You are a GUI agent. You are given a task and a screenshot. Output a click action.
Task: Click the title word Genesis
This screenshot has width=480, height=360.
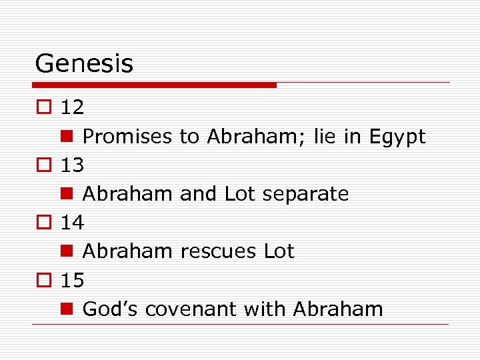point(84,64)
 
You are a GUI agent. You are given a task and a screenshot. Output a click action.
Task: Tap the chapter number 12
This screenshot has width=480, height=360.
point(72,107)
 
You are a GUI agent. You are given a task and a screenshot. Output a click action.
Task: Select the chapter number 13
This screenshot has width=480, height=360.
point(72,165)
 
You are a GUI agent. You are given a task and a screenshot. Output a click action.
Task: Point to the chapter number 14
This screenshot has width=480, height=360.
point(72,223)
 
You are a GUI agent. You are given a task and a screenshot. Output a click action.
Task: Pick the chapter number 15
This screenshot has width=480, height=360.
point(72,281)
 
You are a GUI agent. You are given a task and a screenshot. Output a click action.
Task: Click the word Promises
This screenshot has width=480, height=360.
point(128,137)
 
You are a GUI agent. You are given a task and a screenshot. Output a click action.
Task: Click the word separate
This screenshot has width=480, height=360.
point(305,195)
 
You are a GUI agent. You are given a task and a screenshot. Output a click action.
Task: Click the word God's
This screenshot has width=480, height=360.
point(110,309)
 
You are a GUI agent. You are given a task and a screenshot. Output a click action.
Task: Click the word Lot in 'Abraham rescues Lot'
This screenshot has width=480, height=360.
point(279,251)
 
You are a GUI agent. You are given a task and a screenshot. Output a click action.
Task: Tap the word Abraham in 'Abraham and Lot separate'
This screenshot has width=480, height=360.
point(129,195)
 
